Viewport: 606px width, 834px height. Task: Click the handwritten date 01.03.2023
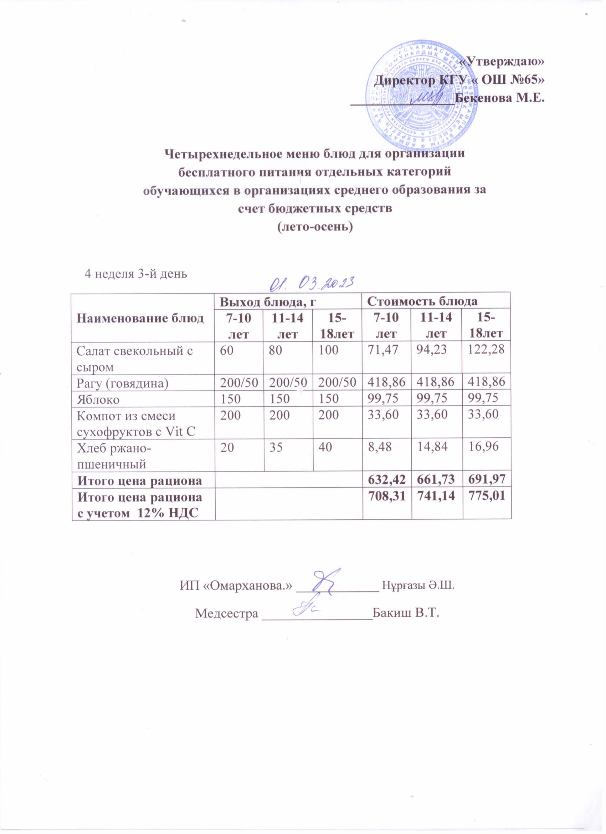(x=312, y=283)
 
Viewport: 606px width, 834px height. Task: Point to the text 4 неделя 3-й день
(x=136, y=274)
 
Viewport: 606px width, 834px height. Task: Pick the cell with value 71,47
(x=384, y=350)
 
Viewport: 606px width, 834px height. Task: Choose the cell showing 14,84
(x=435, y=448)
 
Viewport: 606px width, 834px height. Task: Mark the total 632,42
(x=387, y=479)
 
